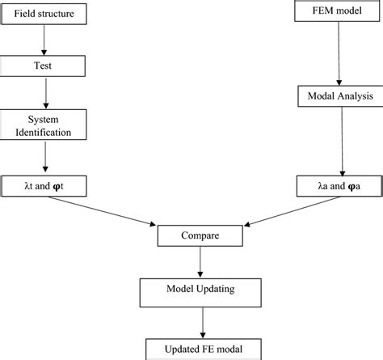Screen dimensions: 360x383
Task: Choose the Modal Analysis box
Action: (340, 96)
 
